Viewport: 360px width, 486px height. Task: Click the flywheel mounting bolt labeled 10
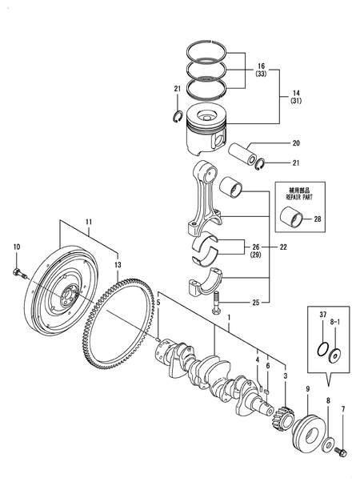point(20,273)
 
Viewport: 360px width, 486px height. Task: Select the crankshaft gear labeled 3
point(282,418)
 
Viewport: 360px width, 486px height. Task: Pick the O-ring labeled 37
point(322,350)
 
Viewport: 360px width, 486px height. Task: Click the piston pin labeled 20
point(242,154)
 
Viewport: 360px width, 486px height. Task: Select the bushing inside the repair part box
point(291,219)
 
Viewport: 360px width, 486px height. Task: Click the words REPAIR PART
point(299,198)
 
